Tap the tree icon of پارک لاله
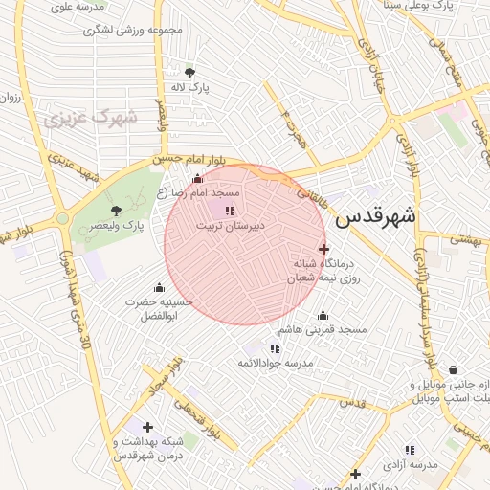pyautogui.click(x=189, y=72)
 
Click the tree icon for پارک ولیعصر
pyautogui.click(x=117, y=211)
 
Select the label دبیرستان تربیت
pyautogui.click(x=230, y=227)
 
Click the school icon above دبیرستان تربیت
pyautogui.click(x=230, y=212)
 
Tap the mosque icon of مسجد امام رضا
pyautogui.click(x=198, y=179)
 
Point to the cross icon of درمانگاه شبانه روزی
pyautogui.click(x=323, y=249)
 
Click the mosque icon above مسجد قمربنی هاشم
pyautogui.click(x=323, y=315)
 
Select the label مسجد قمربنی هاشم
pyautogui.click(x=329, y=329)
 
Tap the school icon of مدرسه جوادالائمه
pyautogui.click(x=275, y=349)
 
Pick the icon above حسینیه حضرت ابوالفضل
pyautogui.click(x=159, y=287)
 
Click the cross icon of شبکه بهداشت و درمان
pyautogui.click(x=146, y=427)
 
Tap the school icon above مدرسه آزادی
pyautogui.click(x=410, y=450)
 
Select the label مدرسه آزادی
pyautogui.click(x=410, y=464)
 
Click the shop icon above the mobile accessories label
pyautogui.click(x=452, y=370)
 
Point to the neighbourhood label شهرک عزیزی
pyautogui.click(x=91, y=120)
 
